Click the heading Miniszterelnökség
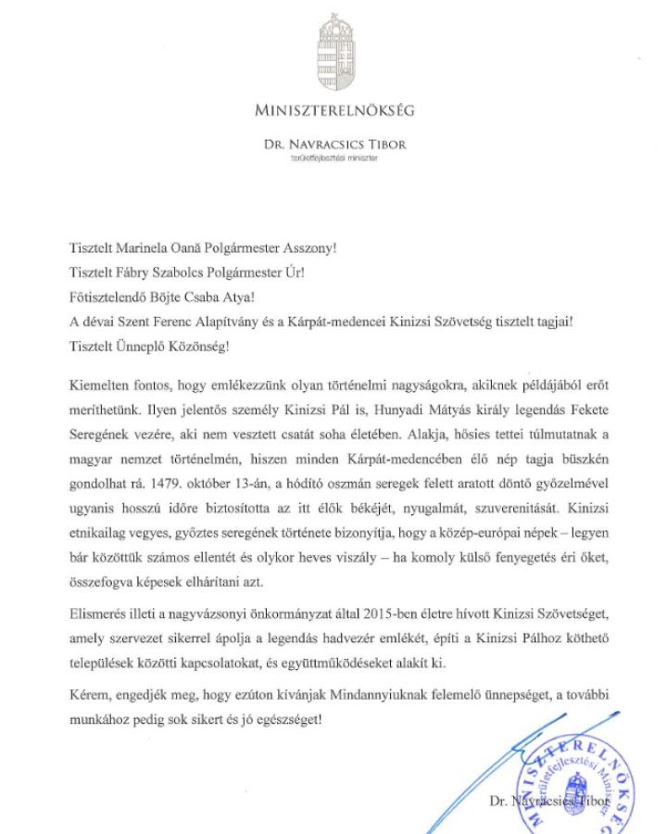coord(334,110)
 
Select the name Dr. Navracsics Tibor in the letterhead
coord(334,145)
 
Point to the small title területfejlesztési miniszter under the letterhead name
coord(334,158)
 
